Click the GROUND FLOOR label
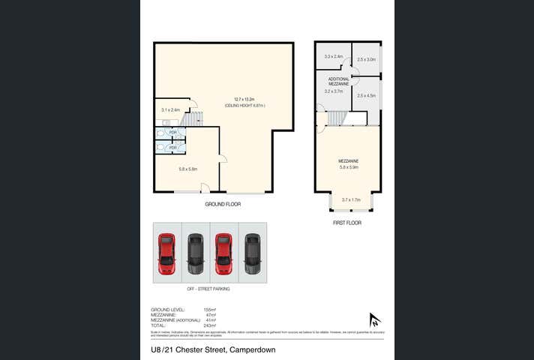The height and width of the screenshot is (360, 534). coord(223,204)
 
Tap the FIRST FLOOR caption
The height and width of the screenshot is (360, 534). coord(347,223)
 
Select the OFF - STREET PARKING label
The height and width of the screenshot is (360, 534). coord(208,289)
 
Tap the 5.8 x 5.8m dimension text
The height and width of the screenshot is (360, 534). coord(187,169)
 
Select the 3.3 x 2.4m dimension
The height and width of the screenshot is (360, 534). coord(334,57)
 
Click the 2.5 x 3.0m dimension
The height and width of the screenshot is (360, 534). coord(367,58)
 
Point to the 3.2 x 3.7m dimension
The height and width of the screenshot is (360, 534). coord(334,91)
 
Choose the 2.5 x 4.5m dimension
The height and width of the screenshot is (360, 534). coord(367,95)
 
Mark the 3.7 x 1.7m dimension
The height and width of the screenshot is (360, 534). coord(351,199)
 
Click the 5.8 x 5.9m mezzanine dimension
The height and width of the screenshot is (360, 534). coord(349,167)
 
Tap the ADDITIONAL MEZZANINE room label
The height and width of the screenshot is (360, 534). coord(339,81)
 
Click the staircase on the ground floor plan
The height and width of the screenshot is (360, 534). coord(192,118)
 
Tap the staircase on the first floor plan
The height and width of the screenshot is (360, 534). coord(337,118)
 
